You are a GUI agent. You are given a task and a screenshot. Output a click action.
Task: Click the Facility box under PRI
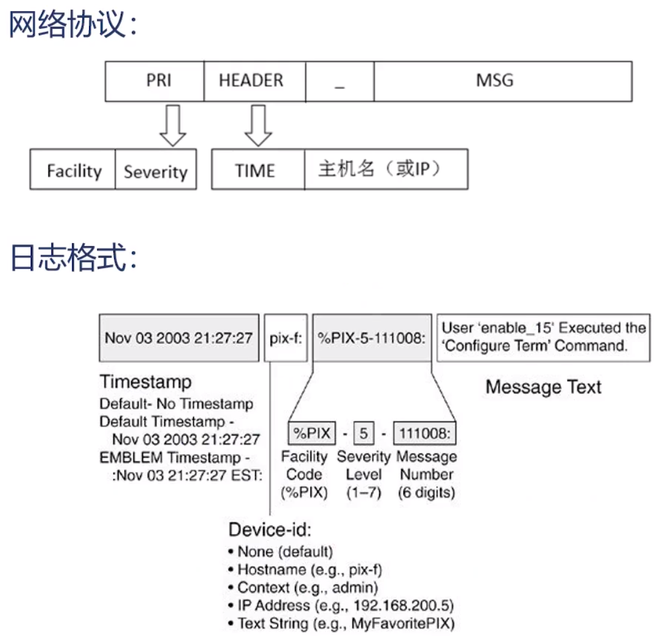[73, 170]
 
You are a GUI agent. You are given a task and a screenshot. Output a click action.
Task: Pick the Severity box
[156, 171]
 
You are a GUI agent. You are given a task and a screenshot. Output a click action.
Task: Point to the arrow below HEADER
[257, 125]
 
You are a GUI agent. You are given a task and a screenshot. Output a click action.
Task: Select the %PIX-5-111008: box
[372, 338]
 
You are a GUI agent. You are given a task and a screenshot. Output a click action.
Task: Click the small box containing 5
[364, 434]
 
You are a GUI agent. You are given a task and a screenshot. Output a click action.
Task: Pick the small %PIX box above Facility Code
[311, 434]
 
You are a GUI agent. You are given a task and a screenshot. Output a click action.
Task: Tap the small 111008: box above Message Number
[425, 434]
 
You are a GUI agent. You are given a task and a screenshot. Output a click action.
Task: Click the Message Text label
[543, 387]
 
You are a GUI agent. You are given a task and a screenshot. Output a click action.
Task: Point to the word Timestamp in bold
[145, 382]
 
